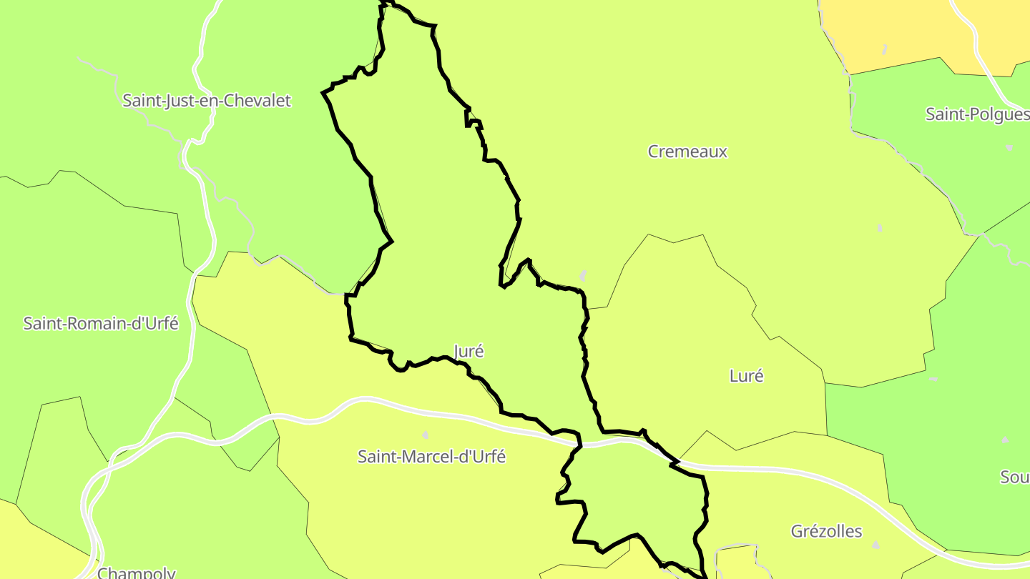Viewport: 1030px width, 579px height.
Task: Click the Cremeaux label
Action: click(687, 152)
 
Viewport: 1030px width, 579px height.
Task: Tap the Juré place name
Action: click(469, 351)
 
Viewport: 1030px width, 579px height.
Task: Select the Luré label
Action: click(746, 376)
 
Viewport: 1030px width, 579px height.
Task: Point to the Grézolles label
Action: click(826, 531)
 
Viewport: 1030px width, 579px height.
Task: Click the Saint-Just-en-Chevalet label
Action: click(207, 101)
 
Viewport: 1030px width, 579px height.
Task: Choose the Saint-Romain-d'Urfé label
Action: click(101, 324)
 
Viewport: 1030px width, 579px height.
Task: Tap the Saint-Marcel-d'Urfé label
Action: click(431, 457)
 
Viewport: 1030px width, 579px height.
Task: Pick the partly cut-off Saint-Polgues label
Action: click(977, 114)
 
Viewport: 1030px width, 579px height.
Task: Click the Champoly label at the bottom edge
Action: click(137, 573)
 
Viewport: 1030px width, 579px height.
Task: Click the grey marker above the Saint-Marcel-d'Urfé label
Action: click(426, 435)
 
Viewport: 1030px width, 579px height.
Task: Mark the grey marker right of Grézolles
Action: click(876, 545)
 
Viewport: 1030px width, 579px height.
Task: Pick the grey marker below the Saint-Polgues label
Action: click(1009, 147)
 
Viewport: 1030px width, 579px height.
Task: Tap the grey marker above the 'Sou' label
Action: click(1005, 440)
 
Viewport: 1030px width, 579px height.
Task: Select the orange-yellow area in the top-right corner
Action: click(908, 29)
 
